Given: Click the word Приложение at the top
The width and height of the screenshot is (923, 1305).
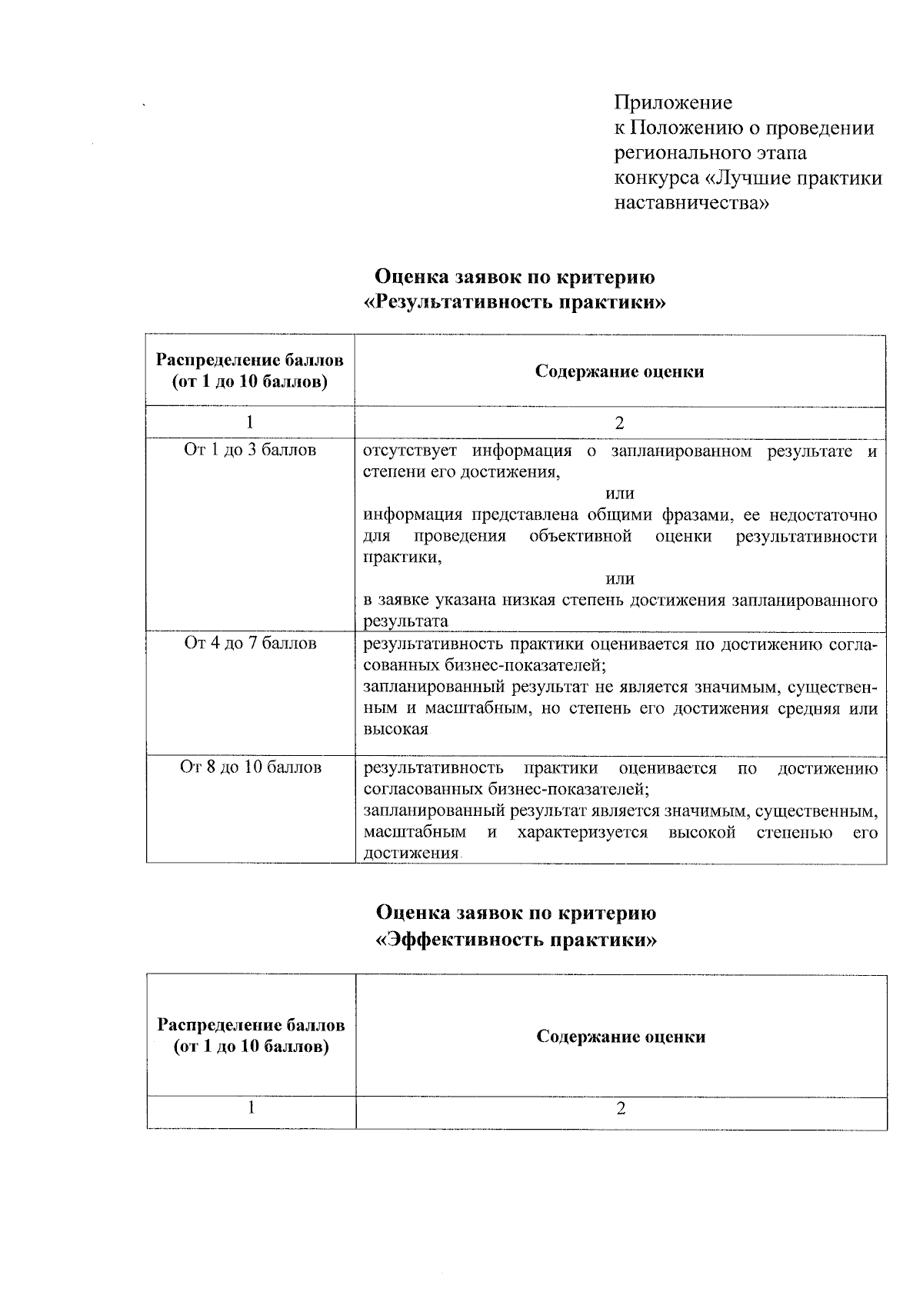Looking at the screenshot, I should (673, 102).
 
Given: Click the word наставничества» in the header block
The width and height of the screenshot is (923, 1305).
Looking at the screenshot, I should (691, 204).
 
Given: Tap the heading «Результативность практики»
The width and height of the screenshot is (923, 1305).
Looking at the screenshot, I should (515, 302).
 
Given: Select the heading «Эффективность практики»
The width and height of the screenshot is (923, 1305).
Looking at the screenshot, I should (515, 940).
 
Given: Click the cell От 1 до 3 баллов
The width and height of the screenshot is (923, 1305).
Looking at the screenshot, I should (250, 450).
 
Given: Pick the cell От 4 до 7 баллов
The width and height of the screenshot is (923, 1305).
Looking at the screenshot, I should (250, 643).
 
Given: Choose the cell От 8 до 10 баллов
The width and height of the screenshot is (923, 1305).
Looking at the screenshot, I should (250, 767).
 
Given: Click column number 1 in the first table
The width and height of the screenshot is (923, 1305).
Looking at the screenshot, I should (250, 422).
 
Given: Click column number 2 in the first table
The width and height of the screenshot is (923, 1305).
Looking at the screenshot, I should (620, 423).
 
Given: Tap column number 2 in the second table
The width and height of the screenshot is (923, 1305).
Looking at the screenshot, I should (621, 1108).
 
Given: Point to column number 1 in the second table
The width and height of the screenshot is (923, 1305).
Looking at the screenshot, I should (251, 1107).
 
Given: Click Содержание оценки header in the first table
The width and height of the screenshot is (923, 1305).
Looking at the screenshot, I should (620, 372).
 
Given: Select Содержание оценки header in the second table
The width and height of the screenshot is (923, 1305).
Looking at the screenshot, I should (621, 1037).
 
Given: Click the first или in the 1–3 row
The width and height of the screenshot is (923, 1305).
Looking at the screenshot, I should (620, 493).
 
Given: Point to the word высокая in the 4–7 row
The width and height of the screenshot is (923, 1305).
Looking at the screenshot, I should (395, 729).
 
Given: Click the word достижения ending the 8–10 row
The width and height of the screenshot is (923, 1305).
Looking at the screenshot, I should (411, 854).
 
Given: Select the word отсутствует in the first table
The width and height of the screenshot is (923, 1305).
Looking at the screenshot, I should (409, 451).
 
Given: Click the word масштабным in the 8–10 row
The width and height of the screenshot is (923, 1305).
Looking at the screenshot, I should (415, 833).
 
